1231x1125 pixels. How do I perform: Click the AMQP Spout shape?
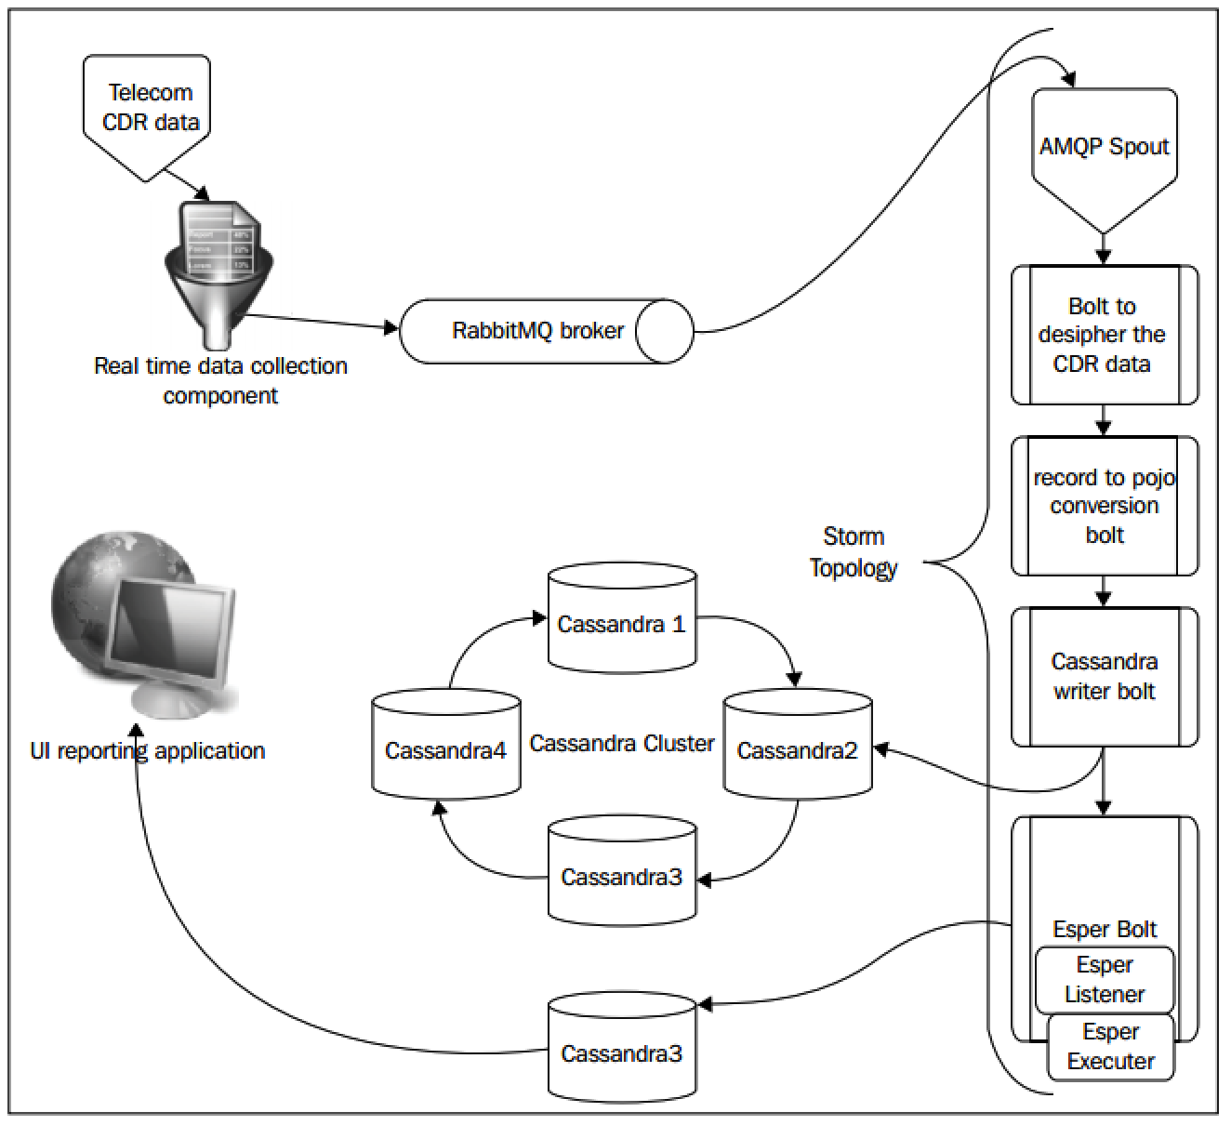pos(1104,149)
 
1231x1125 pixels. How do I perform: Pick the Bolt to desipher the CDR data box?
pos(1104,335)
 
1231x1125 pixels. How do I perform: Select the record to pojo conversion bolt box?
pos(1104,506)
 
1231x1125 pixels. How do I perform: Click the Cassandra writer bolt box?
pos(1104,676)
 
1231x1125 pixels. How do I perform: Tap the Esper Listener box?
pos(1105,980)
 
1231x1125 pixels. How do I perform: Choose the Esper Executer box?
pos(1111,1047)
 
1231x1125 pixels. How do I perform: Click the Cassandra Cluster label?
pos(622,744)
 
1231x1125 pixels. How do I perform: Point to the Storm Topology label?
pos(854,552)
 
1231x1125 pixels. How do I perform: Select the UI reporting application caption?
pos(148,751)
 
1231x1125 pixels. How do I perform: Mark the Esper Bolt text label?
pos(1105,930)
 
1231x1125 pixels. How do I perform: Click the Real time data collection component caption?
pos(220,380)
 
